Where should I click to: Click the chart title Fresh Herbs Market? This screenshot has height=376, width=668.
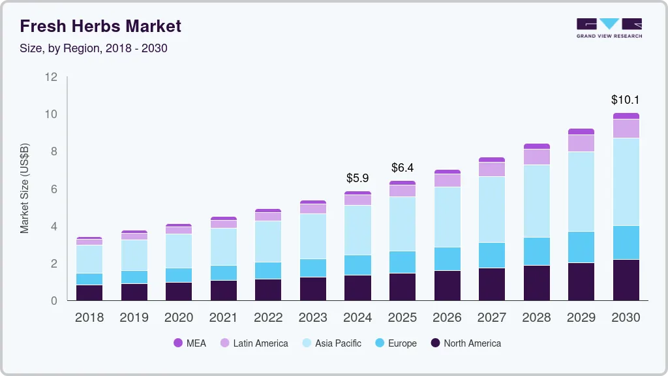(x=100, y=26)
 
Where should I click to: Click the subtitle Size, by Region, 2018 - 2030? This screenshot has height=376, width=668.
(x=93, y=48)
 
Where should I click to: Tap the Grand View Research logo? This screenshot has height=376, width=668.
(x=609, y=27)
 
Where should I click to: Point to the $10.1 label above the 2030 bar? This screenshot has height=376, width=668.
(x=625, y=100)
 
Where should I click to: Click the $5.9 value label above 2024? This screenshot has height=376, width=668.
(x=357, y=178)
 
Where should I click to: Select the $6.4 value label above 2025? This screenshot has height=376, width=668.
(x=402, y=168)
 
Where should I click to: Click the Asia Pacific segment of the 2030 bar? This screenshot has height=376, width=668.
(x=626, y=181)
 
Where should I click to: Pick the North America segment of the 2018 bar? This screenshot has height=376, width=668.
(x=89, y=292)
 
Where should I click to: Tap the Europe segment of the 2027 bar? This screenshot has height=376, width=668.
(x=491, y=255)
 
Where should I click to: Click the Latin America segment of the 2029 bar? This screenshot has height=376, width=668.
(x=581, y=143)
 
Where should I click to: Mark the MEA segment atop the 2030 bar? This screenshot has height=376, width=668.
(x=626, y=116)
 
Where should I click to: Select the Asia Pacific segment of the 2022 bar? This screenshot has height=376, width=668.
(x=268, y=242)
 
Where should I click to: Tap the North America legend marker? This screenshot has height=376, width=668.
(x=434, y=343)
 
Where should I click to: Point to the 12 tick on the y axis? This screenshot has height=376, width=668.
(x=51, y=77)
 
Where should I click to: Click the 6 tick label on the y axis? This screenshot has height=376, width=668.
(x=53, y=189)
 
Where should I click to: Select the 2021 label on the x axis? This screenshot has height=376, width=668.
(x=223, y=317)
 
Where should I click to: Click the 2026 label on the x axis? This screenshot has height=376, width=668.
(x=447, y=317)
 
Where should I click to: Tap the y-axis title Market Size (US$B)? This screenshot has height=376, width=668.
(x=25, y=188)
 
